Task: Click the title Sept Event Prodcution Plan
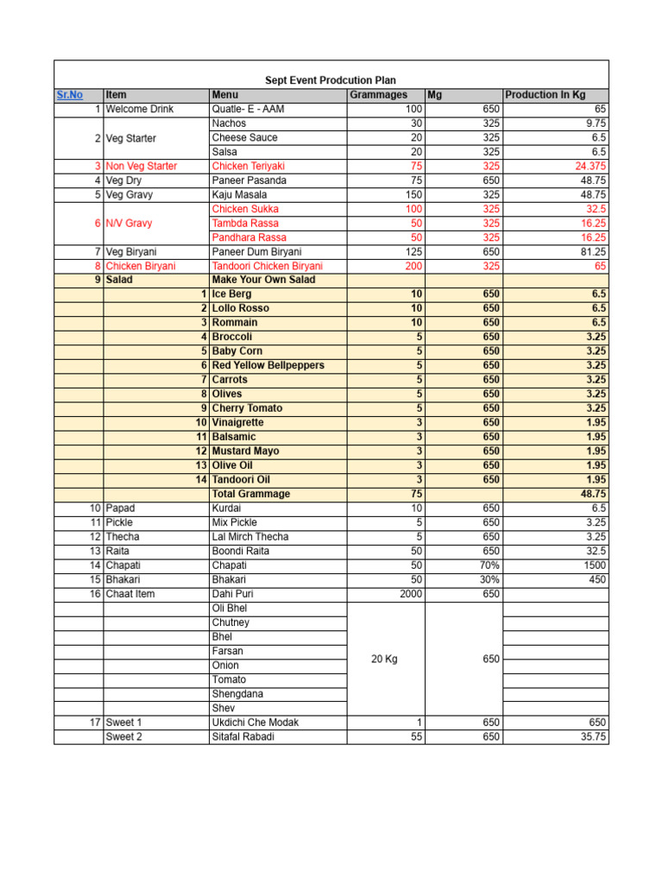(331, 80)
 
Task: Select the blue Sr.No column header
(70, 95)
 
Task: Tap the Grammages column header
(378, 95)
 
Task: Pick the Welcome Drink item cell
(140, 109)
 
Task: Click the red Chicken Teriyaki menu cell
(248, 166)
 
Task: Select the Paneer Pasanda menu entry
(249, 180)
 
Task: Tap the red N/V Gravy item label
(129, 223)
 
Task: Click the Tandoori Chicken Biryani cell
(267, 266)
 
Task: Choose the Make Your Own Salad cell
(263, 280)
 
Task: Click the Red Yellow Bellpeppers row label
(268, 365)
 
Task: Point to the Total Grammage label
(250, 494)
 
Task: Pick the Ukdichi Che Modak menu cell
(256, 722)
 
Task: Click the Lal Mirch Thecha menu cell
(250, 536)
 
